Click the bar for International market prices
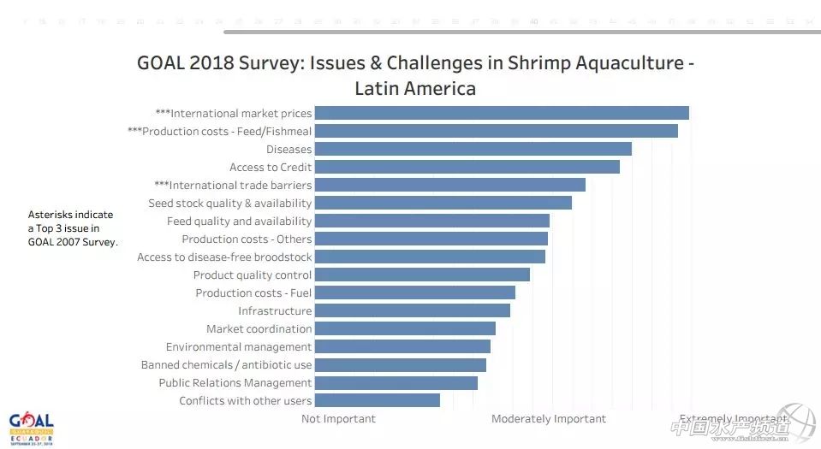click(x=502, y=113)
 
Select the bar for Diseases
click(x=473, y=149)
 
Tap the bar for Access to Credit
click(x=467, y=167)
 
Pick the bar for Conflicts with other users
click(x=377, y=400)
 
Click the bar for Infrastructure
click(x=412, y=310)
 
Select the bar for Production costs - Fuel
click(x=414, y=292)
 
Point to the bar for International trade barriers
click(x=449, y=185)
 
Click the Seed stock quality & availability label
click(x=229, y=204)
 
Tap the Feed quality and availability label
click(x=239, y=222)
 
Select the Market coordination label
click(x=259, y=329)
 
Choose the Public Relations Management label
click(x=235, y=383)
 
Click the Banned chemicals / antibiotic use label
click(x=226, y=365)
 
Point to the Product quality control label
click(x=252, y=275)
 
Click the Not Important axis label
click(x=338, y=419)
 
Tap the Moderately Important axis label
click(x=548, y=419)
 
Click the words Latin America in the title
click(x=415, y=88)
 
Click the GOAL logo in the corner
click(x=32, y=425)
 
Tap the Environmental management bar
click(x=402, y=346)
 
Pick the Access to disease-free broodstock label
click(x=224, y=257)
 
